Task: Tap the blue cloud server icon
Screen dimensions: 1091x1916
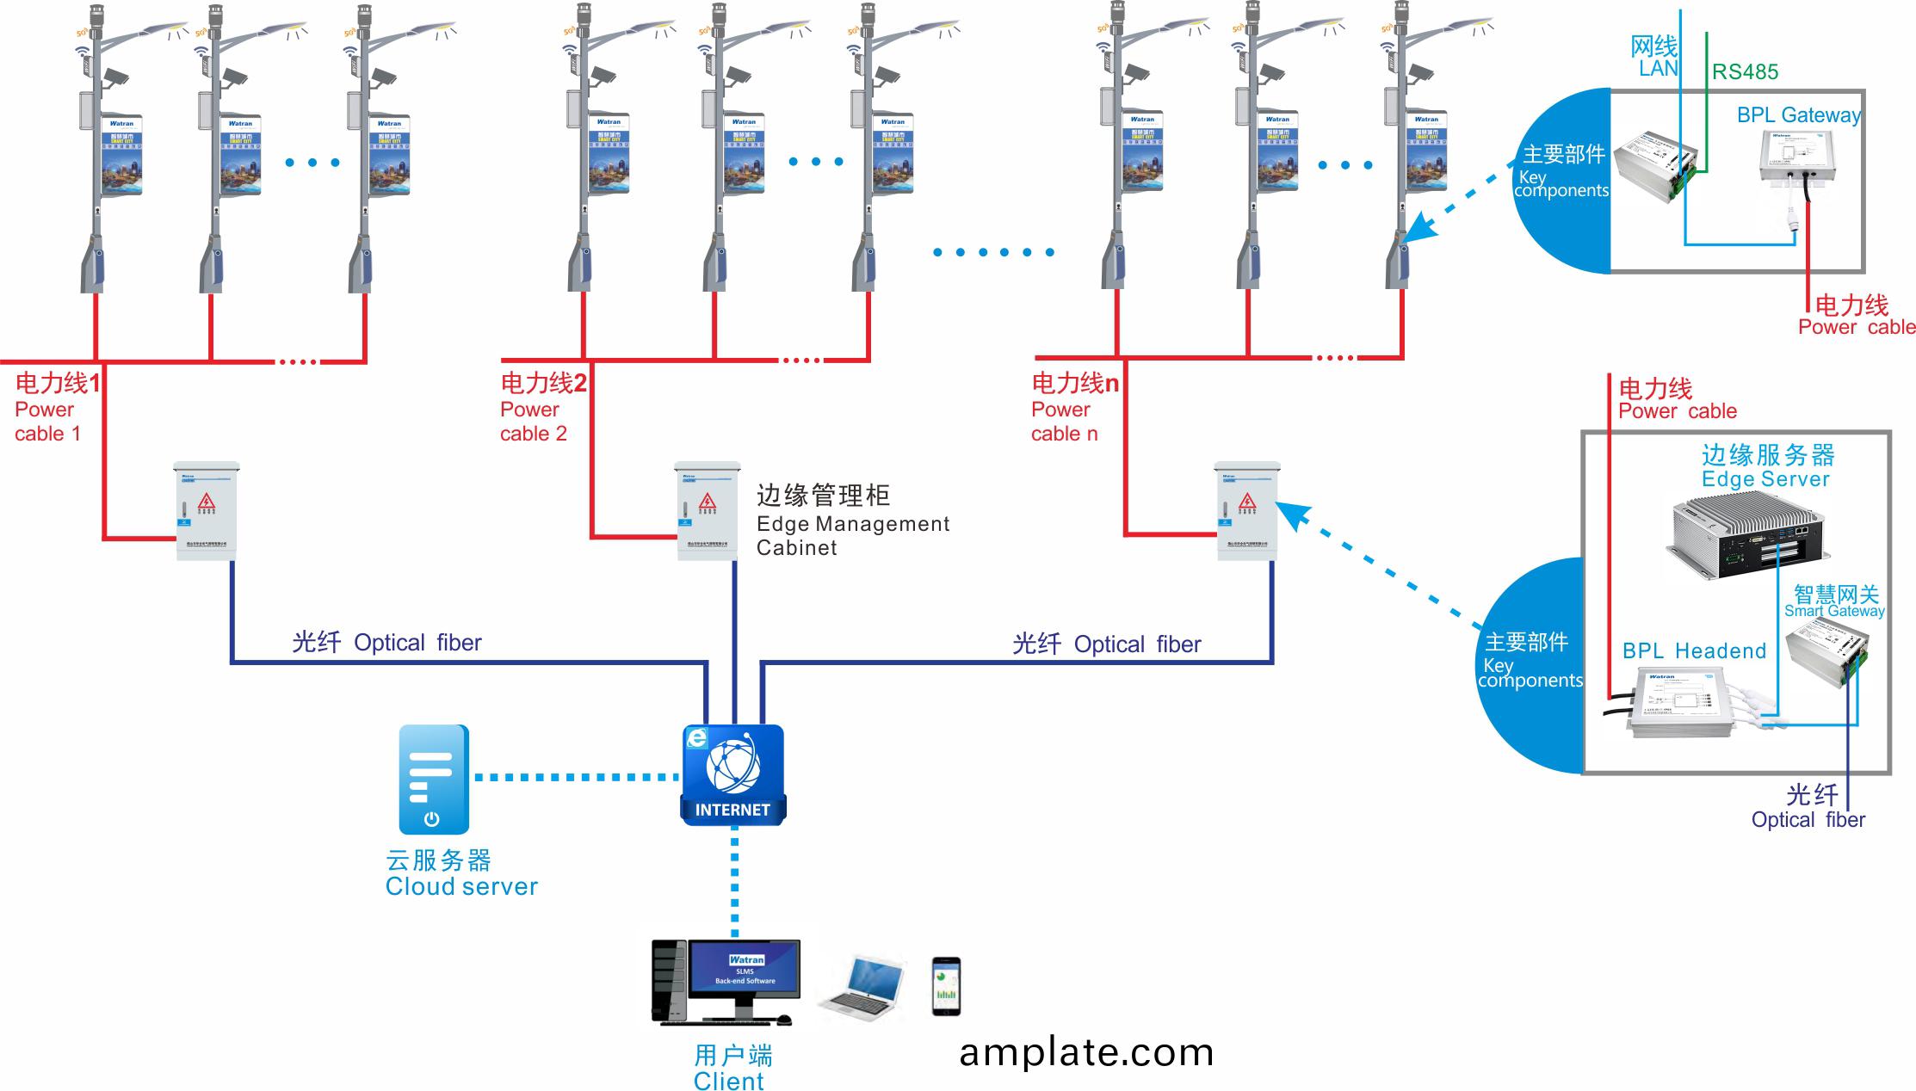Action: [433, 779]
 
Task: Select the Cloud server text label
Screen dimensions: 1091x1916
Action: [460, 886]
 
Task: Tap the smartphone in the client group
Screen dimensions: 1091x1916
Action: [945, 986]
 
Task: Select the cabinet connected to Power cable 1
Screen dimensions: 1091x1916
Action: [207, 511]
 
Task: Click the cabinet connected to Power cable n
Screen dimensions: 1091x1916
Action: [1245, 511]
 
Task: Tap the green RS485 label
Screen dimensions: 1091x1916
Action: [1745, 72]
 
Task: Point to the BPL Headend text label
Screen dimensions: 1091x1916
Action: [1693, 651]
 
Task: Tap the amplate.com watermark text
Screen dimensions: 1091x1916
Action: [1086, 1052]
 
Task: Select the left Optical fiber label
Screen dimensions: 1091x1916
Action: [386, 643]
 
